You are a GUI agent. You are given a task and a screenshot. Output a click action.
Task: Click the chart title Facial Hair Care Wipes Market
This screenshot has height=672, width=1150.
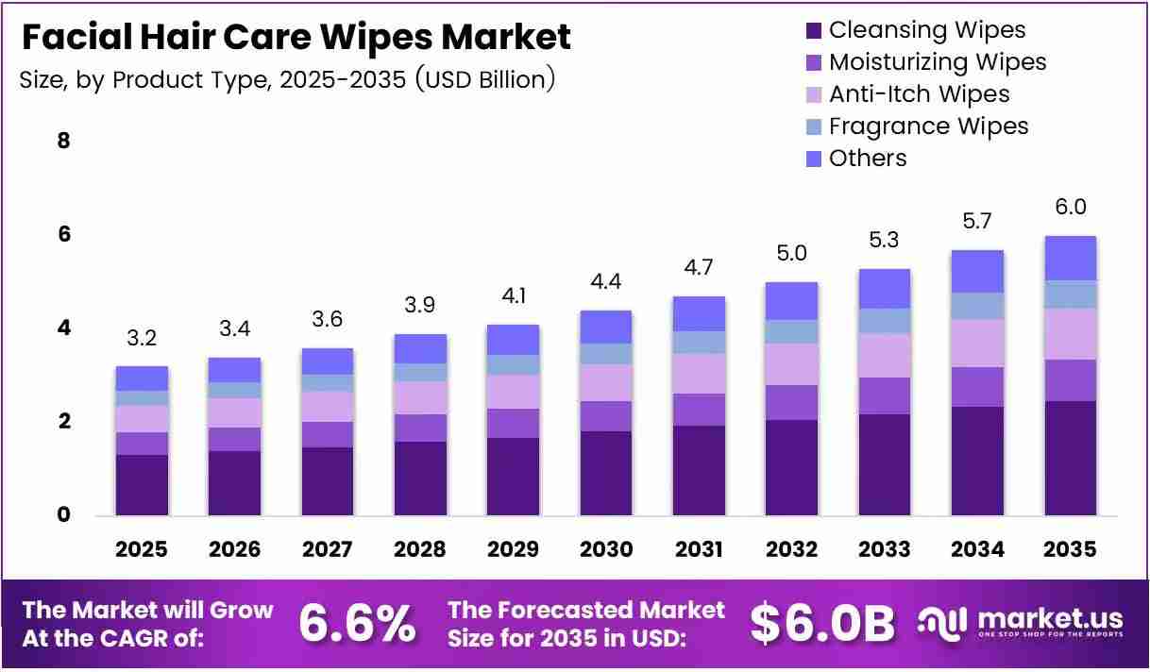pyautogui.click(x=296, y=37)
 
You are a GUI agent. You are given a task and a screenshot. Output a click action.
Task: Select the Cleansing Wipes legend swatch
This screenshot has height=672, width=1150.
pyautogui.click(x=813, y=30)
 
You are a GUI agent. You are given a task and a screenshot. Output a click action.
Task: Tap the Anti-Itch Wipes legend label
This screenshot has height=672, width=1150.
pyautogui.click(x=919, y=94)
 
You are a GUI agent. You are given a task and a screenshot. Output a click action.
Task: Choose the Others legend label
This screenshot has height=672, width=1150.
pyautogui.click(x=868, y=159)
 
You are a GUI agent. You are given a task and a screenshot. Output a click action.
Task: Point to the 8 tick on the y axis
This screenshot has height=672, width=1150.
pyautogui.click(x=63, y=140)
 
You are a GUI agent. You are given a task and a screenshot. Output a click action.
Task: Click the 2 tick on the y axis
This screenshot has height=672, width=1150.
pyautogui.click(x=63, y=421)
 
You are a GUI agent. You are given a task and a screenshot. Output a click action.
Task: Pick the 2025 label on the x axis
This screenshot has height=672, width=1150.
pyautogui.click(x=142, y=549)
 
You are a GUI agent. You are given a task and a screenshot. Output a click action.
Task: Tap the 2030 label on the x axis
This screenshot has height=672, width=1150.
pyautogui.click(x=606, y=549)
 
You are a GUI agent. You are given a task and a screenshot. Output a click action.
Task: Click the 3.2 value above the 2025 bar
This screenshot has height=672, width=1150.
pyautogui.click(x=142, y=338)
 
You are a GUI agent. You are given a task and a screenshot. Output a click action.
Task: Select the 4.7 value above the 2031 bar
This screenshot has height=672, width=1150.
pyautogui.click(x=699, y=267)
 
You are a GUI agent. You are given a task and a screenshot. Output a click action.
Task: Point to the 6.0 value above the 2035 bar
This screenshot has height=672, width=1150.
pyautogui.click(x=1071, y=207)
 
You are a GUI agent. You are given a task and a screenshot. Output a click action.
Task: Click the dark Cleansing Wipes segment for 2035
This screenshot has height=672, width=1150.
pyautogui.click(x=1071, y=458)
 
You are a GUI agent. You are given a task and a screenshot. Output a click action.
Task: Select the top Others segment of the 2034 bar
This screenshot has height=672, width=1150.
pyautogui.click(x=977, y=272)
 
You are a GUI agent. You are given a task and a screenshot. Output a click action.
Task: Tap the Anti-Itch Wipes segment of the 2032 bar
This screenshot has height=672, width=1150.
pyautogui.click(x=791, y=364)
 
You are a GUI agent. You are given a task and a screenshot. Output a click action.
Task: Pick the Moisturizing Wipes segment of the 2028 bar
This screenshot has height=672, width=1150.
pyautogui.click(x=420, y=428)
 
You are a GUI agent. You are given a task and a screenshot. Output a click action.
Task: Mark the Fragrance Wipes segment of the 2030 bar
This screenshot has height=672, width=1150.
pyautogui.click(x=606, y=354)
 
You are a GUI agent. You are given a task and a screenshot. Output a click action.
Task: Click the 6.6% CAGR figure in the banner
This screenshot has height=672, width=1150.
pyautogui.click(x=357, y=624)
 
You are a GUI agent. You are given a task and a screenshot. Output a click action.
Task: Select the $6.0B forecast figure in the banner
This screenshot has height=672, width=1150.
pyautogui.click(x=822, y=624)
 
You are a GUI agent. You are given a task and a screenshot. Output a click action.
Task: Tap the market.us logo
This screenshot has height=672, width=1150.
pyautogui.click(x=1020, y=623)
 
